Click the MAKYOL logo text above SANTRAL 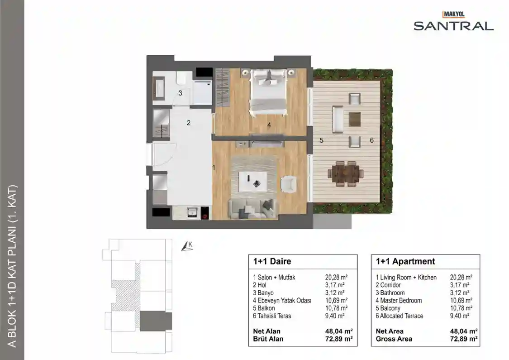(454, 14)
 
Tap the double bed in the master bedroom (268, 92)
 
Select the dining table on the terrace (345, 174)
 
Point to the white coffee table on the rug (253, 181)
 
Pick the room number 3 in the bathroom (180, 93)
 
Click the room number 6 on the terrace (372, 140)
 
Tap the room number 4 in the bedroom (269, 125)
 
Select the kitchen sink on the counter (192, 212)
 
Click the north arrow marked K (187, 246)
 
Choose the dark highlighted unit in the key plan (156, 321)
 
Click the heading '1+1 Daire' (272, 262)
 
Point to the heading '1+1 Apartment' (405, 262)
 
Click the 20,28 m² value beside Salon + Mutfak (336, 278)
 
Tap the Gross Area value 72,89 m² (464, 339)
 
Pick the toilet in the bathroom (181, 77)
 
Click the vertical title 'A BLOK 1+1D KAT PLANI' (12, 266)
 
